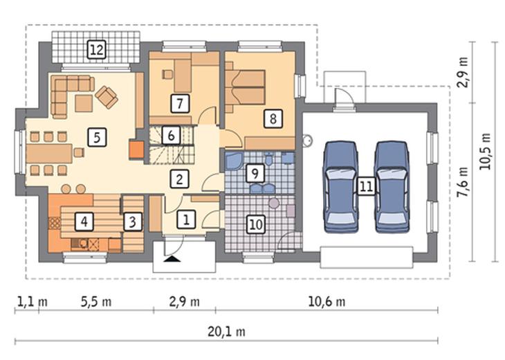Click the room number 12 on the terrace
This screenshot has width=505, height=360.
97,50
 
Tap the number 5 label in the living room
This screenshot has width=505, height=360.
97,137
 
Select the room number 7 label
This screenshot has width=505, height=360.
180,103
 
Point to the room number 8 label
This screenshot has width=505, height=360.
273,118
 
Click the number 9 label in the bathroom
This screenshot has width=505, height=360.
255,173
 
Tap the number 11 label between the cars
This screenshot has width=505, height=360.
366,186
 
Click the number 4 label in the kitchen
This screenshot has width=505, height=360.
84,222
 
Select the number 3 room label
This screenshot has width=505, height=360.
133,222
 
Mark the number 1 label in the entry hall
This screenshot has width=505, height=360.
186,219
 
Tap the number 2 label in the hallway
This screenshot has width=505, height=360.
179,179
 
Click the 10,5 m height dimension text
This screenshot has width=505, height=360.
485,152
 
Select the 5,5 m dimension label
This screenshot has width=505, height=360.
96,302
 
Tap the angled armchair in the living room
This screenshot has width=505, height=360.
107,97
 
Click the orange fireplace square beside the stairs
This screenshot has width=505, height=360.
136,150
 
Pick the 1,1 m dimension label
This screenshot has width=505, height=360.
32,302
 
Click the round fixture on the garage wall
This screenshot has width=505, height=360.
307,140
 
